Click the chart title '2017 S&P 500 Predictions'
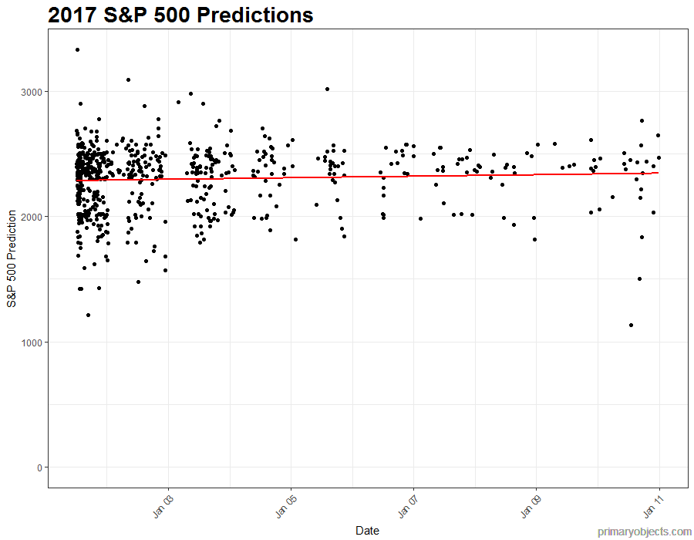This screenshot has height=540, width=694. click(180, 15)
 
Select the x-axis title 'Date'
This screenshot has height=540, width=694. click(367, 531)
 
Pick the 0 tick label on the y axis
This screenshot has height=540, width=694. click(39, 467)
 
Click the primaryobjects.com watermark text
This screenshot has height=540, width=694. click(645, 532)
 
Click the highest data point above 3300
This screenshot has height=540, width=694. click(77, 50)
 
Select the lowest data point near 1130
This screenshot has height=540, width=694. click(631, 326)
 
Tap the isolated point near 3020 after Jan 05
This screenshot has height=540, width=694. click(327, 89)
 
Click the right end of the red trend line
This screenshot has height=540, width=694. click(658, 173)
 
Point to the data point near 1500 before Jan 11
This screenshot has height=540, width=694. click(639, 278)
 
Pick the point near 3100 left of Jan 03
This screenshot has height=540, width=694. click(128, 79)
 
